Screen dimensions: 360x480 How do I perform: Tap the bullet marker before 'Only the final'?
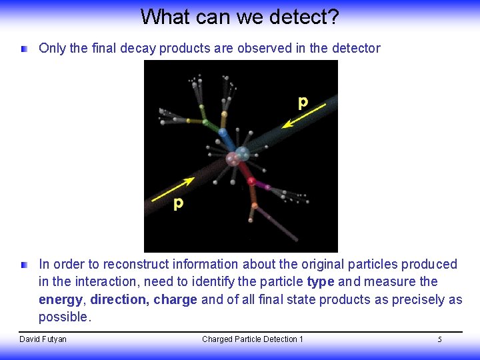click(25, 49)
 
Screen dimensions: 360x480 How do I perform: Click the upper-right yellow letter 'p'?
click(303, 102)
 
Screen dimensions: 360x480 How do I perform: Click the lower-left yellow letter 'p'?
click(178, 203)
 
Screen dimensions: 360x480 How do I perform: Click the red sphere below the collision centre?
click(251, 180)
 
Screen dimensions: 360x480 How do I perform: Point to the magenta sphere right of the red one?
click(268, 187)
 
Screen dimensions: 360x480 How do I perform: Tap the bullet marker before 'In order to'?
click(25, 265)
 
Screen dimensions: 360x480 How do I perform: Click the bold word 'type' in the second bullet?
click(321, 282)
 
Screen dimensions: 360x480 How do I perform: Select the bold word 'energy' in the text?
click(61, 299)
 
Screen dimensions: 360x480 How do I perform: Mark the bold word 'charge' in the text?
click(175, 299)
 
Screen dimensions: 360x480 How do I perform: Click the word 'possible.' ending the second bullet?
click(64, 317)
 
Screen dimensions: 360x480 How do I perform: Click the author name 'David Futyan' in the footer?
click(43, 339)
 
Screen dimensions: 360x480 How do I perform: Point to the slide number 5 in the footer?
click(439, 340)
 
